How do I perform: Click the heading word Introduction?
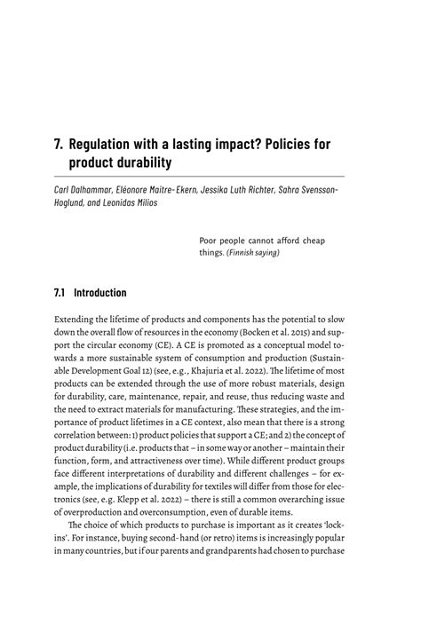99,292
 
